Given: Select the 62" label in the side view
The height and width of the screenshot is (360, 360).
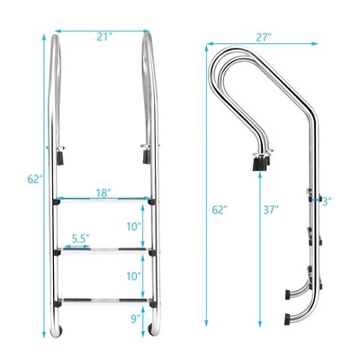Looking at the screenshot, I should pos(220,209).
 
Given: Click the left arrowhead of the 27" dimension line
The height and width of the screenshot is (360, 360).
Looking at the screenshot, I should pos(209,41).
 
